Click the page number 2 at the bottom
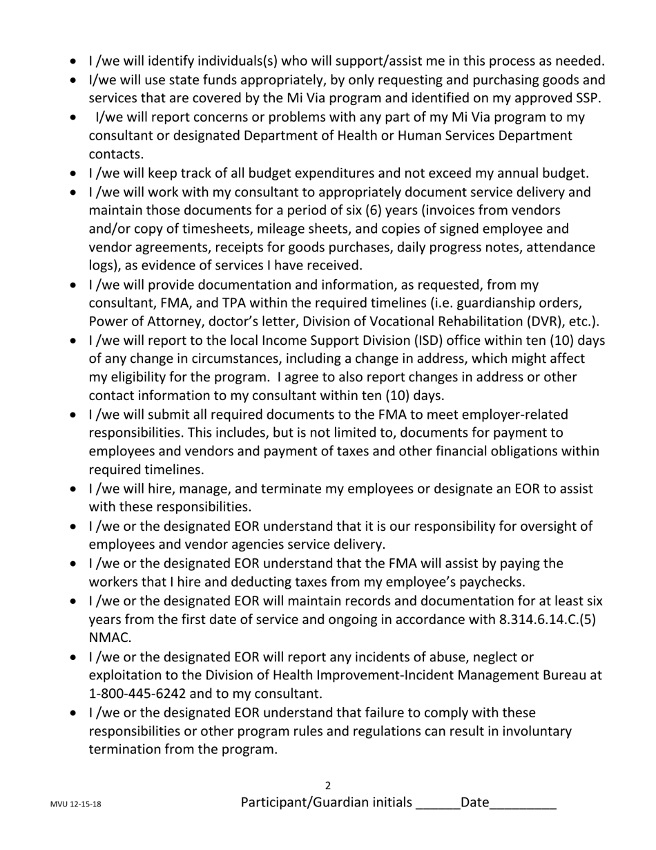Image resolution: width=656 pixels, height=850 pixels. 328,786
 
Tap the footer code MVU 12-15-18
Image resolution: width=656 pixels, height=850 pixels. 76,805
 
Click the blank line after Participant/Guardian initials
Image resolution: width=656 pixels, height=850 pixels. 438,804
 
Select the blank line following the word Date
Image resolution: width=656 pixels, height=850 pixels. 523,804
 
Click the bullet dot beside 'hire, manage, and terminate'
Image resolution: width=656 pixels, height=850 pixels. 77,489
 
